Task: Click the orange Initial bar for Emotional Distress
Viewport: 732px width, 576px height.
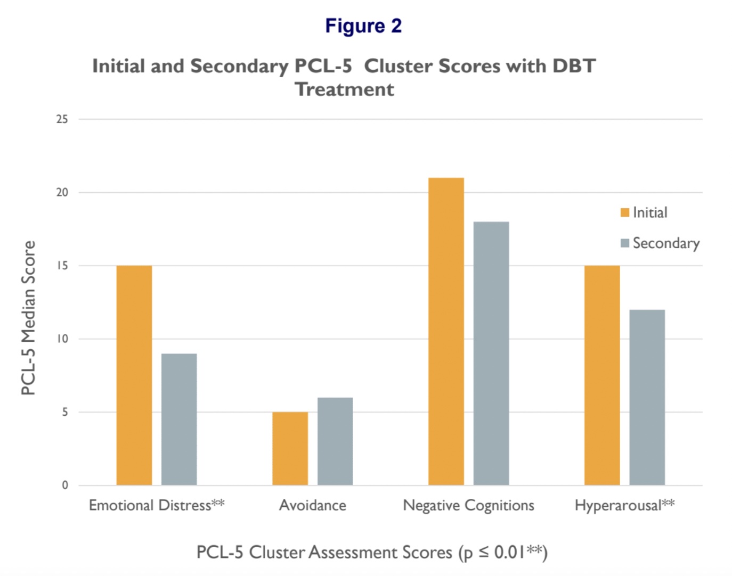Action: click(134, 375)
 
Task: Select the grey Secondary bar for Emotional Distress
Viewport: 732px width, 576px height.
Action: click(179, 419)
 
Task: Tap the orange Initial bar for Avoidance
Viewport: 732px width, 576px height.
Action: click(290, 448)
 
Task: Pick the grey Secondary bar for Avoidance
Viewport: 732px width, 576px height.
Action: click(335, 441)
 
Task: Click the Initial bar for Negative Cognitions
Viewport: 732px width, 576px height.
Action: click(446, 331)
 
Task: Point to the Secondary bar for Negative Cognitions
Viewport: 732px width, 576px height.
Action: click(491, 353)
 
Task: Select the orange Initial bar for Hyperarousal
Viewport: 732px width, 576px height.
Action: click(602, 375)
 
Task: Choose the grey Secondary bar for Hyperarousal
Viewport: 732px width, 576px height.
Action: click(647, 397)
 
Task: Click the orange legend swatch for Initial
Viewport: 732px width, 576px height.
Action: click(625, 213)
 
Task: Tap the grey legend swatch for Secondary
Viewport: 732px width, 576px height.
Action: click(625, 243)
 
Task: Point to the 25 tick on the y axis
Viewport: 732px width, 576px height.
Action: click(62, 119)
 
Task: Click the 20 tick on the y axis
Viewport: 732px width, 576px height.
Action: click(62, 193)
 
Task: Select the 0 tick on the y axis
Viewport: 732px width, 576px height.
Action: click(65, 485)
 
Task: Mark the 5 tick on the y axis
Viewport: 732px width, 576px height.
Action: click(65, 412)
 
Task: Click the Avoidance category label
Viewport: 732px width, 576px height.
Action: click(313, 505)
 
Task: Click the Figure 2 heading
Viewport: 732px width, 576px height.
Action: click(363, 26)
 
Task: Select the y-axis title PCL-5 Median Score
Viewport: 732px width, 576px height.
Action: click(28, 318)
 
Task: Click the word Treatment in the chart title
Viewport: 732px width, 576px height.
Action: click(345, 89)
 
